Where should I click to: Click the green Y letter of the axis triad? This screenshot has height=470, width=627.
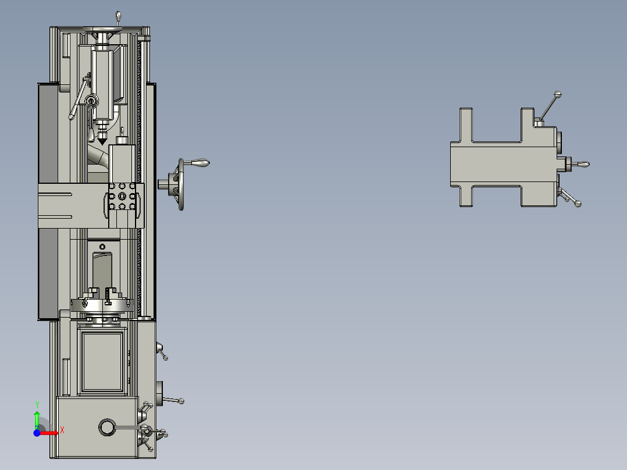(x=37, y=404)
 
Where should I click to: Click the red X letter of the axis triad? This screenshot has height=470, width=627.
(x=62, y=430)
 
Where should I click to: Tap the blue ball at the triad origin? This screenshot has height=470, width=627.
(x=37, y=432)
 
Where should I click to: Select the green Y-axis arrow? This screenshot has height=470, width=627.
(x=37, y=419)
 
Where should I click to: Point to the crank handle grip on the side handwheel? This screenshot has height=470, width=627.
(x=201, y=163)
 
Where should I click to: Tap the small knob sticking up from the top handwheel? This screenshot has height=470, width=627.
(x=119, y=15)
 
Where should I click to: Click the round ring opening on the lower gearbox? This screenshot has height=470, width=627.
(x=107, y=427)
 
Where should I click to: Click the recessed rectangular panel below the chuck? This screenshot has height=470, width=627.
(x=103, y=361)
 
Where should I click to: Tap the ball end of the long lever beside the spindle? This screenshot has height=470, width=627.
(x=72, y=117)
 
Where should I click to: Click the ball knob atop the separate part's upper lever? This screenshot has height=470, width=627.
(x=558, y=94)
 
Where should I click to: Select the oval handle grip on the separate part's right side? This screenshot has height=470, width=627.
(x=582, y=165)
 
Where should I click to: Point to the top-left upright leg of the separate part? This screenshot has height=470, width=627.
(x=466, y=124)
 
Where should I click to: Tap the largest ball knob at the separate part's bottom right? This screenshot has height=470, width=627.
(x=578, y=204)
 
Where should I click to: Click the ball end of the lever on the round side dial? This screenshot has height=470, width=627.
(x=182, y=400)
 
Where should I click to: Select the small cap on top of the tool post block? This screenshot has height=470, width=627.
(x=122, y=140)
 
